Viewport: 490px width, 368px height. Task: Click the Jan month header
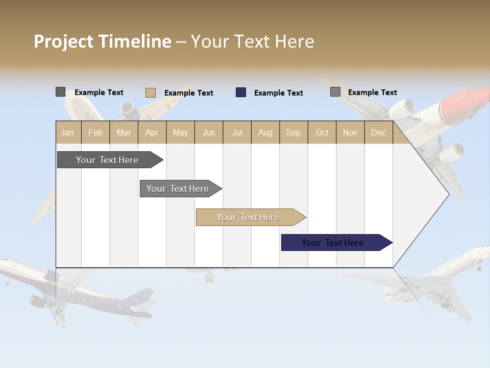tap(67, 132)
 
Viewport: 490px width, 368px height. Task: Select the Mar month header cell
tap(124, 132)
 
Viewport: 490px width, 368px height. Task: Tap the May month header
tap(180, 132)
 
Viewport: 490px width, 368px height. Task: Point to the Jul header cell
tap(237, 132)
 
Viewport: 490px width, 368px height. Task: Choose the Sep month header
tap(293, 132)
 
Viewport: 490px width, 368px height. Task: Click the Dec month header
tap(378, 132)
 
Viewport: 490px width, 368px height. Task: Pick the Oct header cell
tap(322, 132)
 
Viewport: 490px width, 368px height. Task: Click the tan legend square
tap(150, 93)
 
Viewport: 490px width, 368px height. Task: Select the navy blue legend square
tap(241, 93)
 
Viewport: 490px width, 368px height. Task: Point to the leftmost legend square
tap(60, 92)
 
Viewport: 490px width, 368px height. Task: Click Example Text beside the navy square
tap(278, 93)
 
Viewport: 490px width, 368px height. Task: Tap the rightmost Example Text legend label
tap(372, 93)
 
